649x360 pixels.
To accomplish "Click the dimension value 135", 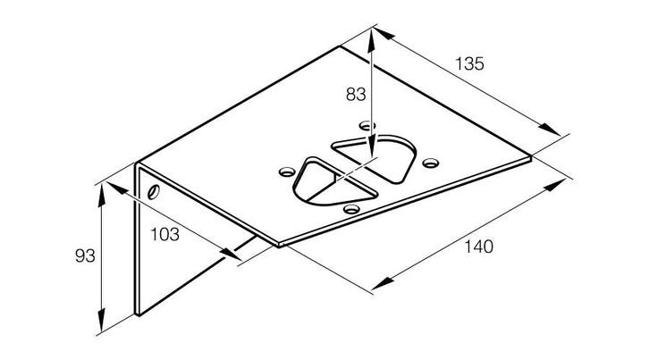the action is (469, 63).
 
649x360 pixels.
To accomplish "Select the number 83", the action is (356, 95).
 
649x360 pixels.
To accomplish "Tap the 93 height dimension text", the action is (85, 255).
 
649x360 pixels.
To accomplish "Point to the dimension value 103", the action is (164, 235).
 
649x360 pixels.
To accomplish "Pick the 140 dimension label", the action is (478, 247).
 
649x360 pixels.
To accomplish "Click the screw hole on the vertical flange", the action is (154, 191).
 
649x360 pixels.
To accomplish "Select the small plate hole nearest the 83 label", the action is (367, 125).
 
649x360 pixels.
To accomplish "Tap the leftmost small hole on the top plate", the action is (287, 172).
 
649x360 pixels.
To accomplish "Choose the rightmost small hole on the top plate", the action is (431, 163).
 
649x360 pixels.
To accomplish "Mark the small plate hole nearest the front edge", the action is (351, 209).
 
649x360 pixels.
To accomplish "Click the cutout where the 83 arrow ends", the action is (374, 158).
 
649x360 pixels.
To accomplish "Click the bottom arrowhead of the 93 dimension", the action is (101, 321).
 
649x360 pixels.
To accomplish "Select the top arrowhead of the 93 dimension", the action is (101, 196).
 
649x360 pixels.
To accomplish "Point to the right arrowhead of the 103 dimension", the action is (231, 254).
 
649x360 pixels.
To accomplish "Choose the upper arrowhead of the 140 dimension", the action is (555, 186).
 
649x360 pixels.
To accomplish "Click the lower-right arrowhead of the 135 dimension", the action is (549, 129).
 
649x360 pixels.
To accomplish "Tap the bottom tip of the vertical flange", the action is (138, 315).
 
